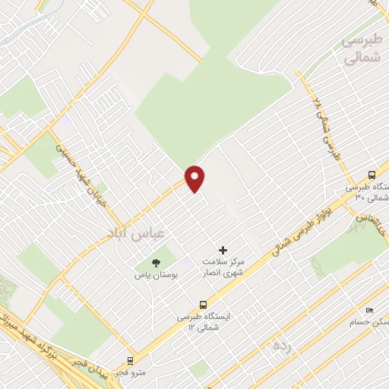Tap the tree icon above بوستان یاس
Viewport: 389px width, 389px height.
156,263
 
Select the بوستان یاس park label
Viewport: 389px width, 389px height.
156,277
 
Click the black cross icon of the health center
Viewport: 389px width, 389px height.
223,250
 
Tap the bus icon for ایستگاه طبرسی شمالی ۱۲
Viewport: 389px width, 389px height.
202,305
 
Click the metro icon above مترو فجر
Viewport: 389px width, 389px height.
131,361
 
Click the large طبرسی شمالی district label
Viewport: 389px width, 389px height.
357,50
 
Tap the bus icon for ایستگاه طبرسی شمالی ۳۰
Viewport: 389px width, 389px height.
371,174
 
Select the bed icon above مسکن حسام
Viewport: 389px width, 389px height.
369,311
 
